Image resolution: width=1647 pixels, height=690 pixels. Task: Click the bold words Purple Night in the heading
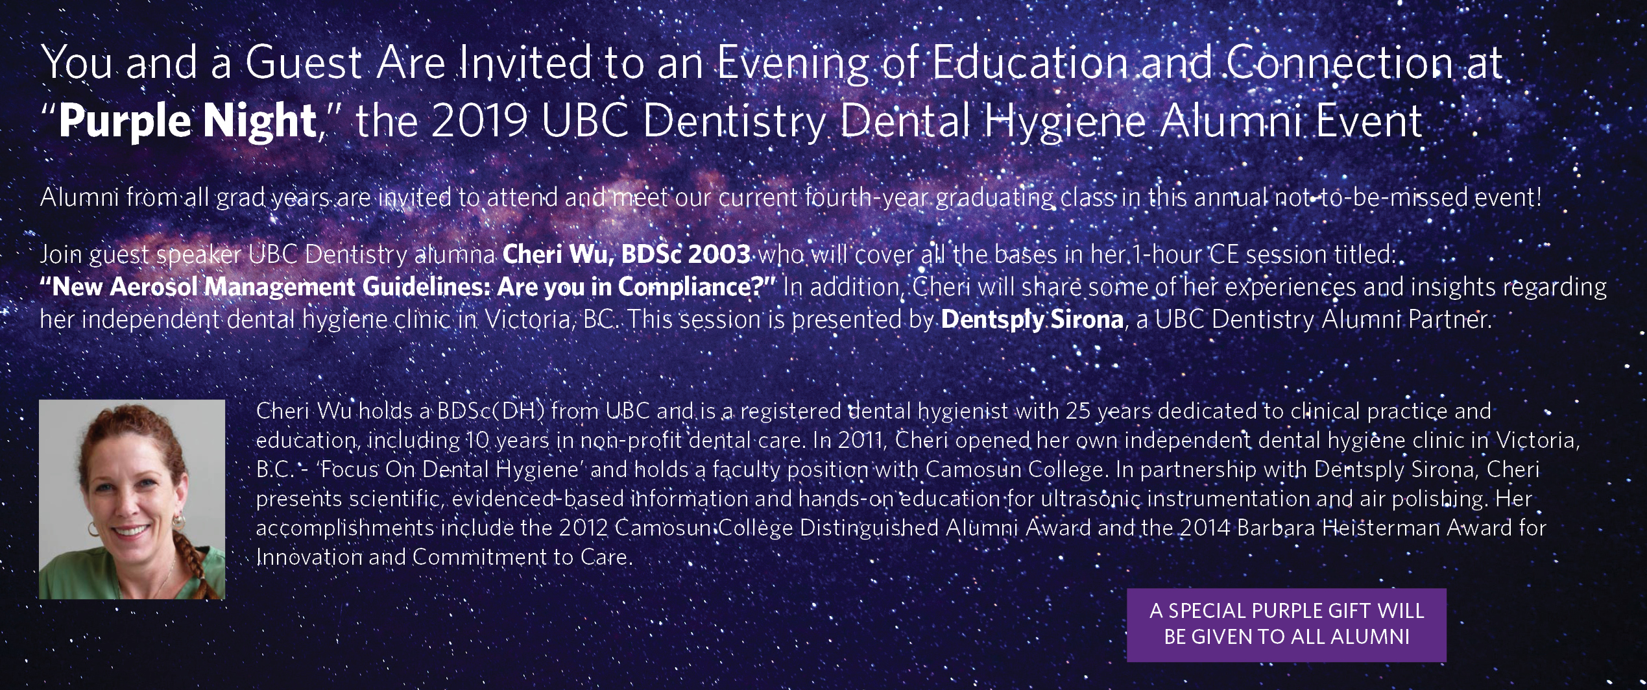pyautogui.click(x=187, y=121)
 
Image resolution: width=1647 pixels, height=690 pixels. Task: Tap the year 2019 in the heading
pyautogui.click(x=479, y=121)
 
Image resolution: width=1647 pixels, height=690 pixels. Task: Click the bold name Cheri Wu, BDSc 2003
pyautogui.click(x=627, y=254)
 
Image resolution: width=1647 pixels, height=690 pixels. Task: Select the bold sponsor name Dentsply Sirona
pyautogui.click(x=1032, y=320)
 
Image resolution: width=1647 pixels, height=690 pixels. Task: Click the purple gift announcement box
pyautogui.click(x=1286, y=624)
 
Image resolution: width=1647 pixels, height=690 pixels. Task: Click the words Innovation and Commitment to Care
pyautogui.click(x=444, y=557)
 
